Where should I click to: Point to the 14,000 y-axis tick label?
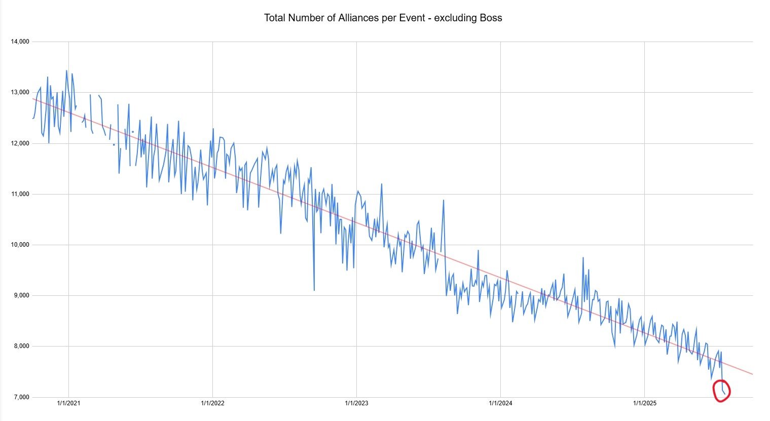point(20,42)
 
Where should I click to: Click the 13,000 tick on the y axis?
point(20,92)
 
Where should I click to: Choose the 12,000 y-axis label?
point(20,143)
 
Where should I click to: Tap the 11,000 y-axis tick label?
point(20,194)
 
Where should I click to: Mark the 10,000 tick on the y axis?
point(20,245)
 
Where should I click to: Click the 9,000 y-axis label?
point(21,295)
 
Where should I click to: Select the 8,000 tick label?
point(21,346)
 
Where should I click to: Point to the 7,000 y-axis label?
point(21,397)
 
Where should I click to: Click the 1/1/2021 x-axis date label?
point(68,404)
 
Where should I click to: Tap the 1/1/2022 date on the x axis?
point(212,404)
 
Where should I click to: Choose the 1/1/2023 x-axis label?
point(356,404)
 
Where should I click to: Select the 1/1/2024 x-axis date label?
point(500,404)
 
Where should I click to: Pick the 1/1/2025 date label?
point(644,404)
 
